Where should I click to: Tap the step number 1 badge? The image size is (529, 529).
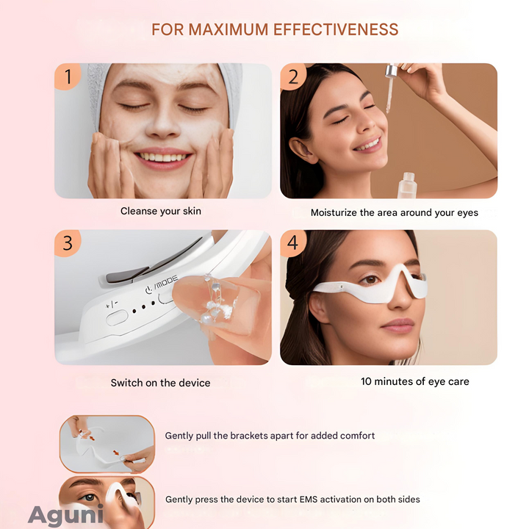[68, 76]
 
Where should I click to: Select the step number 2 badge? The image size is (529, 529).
[293, 76]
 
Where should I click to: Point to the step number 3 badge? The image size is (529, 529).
[68, 243]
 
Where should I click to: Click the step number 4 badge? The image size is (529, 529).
[293, 243]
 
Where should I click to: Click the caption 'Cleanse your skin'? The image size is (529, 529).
[161, 211]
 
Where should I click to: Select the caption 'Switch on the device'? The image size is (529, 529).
[160, 383]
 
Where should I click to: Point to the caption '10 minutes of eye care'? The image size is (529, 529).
[415, 381]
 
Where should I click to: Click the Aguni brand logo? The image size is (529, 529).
[66, 515]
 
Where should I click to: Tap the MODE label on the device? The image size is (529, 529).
[166, 282]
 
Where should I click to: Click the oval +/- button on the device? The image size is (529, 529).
[117, 318]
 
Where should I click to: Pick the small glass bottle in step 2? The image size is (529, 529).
[408, 185]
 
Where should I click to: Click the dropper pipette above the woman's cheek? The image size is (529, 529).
[390, 88]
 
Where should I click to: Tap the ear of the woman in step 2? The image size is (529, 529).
[302, 151]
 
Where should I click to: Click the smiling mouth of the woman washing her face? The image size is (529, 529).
[164, 158]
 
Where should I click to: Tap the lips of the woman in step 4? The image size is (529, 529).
[397, 325]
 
